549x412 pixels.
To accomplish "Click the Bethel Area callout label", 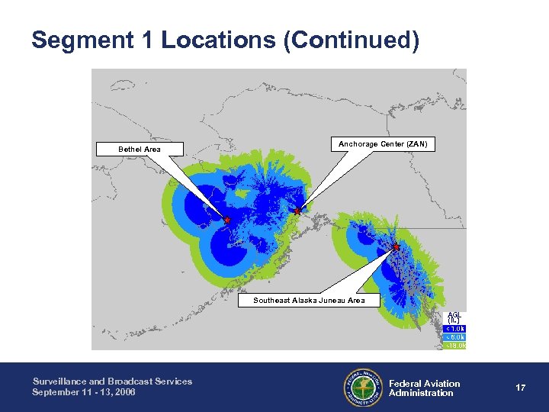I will (x=140, y=149).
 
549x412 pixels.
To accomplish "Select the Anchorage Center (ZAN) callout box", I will (x=383, y=144).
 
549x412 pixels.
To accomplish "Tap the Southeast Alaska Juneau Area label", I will (x=309, y=300).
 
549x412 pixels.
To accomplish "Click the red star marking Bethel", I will (x=226, y=220).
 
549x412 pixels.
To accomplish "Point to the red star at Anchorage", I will (x=297, y=211).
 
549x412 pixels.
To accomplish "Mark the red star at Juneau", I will (x=396, y=246).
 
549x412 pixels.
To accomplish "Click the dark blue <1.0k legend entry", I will (x=454, y=328).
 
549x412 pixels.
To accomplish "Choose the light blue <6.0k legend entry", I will (x=454, y=336).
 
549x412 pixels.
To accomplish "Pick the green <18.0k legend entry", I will (x=454, y=345).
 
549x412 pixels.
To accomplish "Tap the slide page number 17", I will (x=520, y=388).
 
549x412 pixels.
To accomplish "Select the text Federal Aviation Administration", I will (x=424, y=388).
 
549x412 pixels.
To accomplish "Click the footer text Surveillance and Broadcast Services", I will (x=112, y=381).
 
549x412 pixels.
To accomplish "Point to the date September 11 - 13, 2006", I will (x=84, y=391).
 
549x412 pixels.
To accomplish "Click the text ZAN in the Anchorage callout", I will (x=417, y=144).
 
